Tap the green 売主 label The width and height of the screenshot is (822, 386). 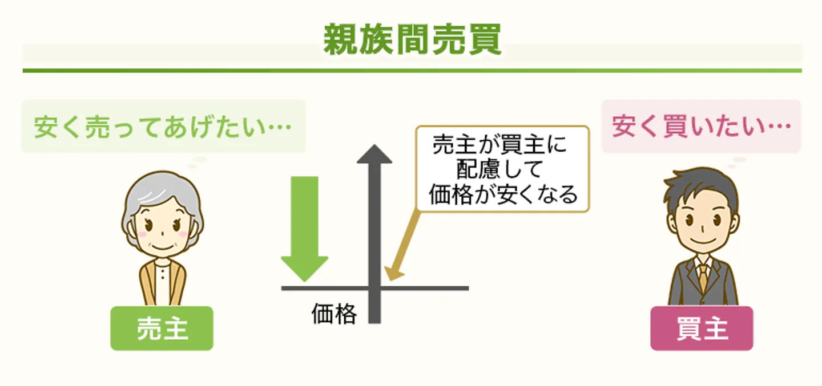tap(162, 328)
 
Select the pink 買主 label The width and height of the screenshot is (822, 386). tap(702, 328)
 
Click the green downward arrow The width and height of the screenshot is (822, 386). tap(304, 228)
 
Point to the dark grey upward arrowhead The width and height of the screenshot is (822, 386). tap(374, 153)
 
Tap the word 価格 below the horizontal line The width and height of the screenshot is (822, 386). tap(334, 314)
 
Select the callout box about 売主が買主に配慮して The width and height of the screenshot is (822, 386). tap(502, 169)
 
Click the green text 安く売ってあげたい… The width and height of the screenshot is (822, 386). tap(163, 127)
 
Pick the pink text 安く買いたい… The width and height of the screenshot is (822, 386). tap(701, 127)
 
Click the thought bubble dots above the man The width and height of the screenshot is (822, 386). tap(736, 161)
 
